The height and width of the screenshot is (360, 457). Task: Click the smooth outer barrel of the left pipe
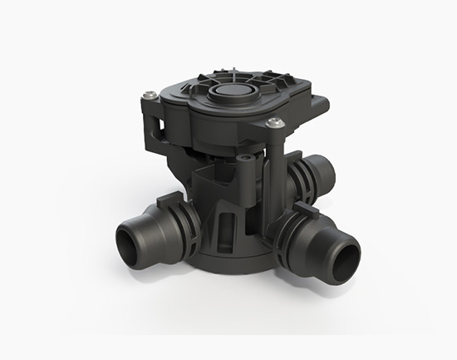tap(141, 233)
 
